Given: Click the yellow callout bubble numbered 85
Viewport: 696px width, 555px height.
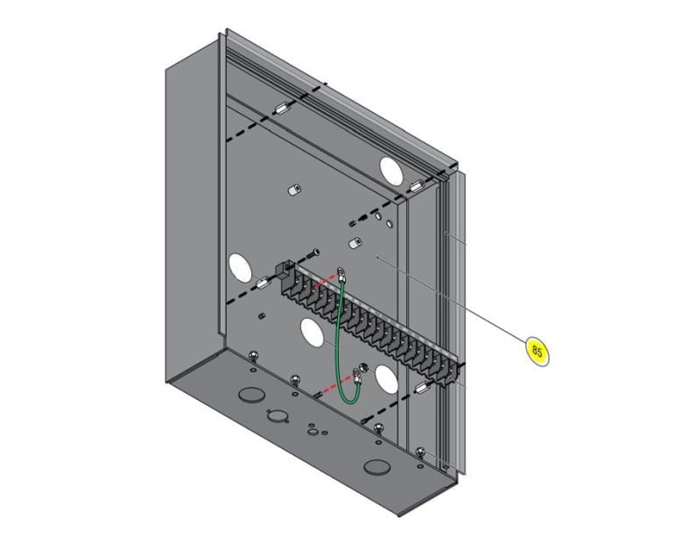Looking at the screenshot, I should (x=537, y=351).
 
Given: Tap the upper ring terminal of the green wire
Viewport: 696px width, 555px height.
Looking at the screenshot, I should (x=342, y=275).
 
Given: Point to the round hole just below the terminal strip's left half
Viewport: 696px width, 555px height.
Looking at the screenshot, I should (x=312, y=330).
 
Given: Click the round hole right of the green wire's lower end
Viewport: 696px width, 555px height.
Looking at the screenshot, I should (x=386, y=378).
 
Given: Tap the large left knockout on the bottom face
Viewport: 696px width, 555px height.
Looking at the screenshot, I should (x=250, y=396).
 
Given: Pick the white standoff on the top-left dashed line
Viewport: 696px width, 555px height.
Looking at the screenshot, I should (x=283, y=110).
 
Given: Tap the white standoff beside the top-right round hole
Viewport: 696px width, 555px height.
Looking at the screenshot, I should (x=415, y=186).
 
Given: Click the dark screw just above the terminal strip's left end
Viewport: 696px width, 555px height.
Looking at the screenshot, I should (x=313, y=255).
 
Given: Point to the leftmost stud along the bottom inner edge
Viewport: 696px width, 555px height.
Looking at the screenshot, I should (x=254, y=355).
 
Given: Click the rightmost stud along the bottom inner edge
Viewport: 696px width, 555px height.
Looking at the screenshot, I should (x=421, y=453).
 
